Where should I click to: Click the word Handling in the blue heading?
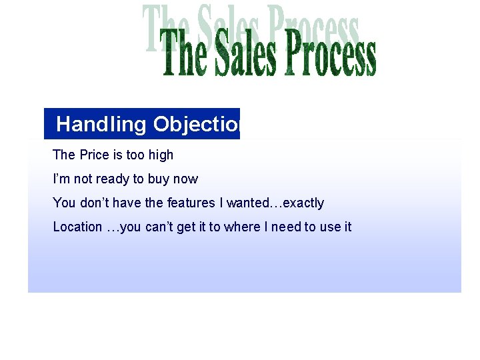101,124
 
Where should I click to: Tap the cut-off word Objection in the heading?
196,124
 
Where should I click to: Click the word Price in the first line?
94,155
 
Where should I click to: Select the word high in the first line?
161,155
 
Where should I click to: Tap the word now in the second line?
187,179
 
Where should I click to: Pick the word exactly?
303,203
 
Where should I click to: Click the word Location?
77,227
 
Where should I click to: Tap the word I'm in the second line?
61,179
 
